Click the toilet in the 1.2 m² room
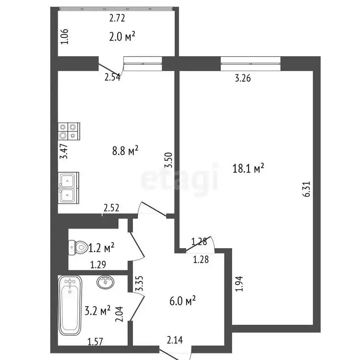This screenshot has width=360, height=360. tap(78, 248)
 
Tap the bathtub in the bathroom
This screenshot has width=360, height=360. tap(70, 306)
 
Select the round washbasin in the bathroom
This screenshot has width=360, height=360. tap(106, 282)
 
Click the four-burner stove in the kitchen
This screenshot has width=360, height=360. tap(69, 132)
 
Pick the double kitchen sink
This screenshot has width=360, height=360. tap(69, 188)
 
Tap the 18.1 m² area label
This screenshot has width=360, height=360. tap(248, 168)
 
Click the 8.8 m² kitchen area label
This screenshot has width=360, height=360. tap(125, 151)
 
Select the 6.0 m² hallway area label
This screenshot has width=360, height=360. tap(182, 300)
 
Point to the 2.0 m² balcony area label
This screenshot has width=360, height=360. tap(122, 36)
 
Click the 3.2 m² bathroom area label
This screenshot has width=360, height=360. tap(97, 311)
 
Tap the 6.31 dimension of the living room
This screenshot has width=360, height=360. tap(307, 189)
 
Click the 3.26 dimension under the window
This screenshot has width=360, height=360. tap(243, 78)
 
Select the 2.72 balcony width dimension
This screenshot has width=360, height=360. tap(117, 18)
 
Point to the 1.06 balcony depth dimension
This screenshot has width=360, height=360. tap(64, 36)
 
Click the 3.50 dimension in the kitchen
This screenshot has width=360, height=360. tap(168, 160)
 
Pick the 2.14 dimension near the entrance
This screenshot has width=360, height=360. tap(175, 340)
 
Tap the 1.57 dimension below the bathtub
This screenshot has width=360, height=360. tap(96, 342)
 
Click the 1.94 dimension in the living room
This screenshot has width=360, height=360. tap(239, 284)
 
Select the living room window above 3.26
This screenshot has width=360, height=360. tap(251, 63)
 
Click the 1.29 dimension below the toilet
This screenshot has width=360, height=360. tap(98, 265)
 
